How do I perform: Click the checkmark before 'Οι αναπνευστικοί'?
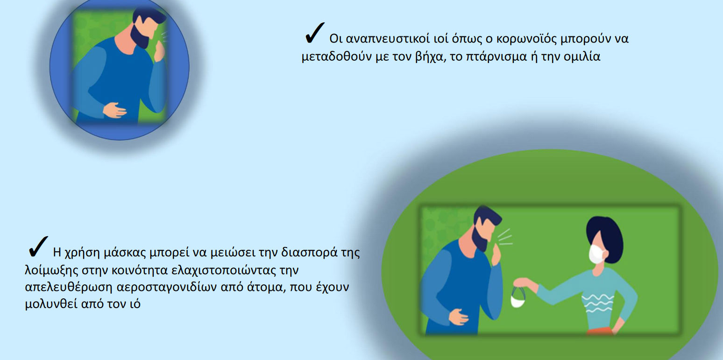[x=314, y=33]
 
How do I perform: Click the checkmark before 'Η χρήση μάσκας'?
[x=38, y=247]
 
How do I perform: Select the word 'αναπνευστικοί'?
[x=387, y=39]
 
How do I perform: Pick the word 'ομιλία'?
[x=581, y=56]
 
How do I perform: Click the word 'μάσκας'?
[x=124, y=252]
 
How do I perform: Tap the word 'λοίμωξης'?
[x=51, y=270]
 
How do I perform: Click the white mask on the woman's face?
[x=597, y=254]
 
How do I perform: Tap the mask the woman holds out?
[x=518, y=298]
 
